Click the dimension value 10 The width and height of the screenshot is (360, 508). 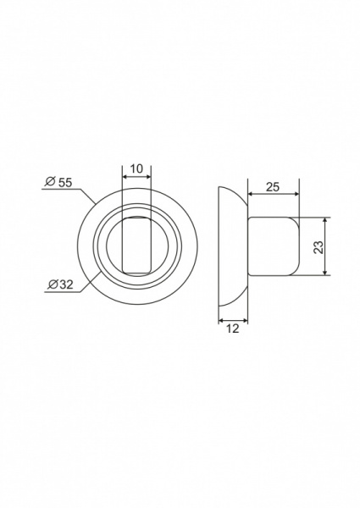pos(136,168)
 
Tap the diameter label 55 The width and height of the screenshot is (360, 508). pos(65,183)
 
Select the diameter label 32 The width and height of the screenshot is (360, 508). pos(66,284)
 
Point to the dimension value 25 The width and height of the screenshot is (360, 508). pos(273,187)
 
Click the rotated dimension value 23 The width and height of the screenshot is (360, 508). pos(318,247)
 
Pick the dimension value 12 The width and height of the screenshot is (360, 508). pos(233,329)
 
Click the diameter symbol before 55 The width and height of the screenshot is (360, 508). pos(50,182)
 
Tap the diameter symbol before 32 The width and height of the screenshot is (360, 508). pos(53,284)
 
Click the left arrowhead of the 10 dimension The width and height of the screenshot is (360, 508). pos(125,177)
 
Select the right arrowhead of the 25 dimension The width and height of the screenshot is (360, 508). pos(296,194)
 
